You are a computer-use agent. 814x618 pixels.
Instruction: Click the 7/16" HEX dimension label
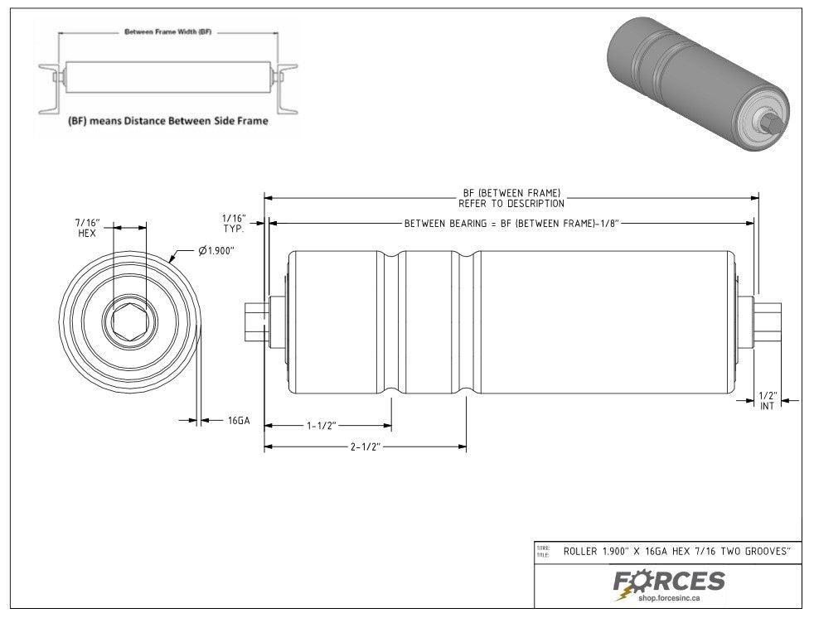click(x=88, y=228)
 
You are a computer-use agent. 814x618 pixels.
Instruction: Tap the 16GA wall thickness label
click(x=239, y=421)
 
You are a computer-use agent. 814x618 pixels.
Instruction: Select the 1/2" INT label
click(x=768, y=400)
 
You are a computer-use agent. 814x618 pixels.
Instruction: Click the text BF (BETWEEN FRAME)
click(x=511, y=193)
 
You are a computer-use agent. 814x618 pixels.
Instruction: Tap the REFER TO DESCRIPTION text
click(x=511, y=203)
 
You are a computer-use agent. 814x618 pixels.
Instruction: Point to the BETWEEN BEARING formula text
click(x=512, y=224)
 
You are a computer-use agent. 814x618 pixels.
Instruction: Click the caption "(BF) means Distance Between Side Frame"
click(x=167, y=121)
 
